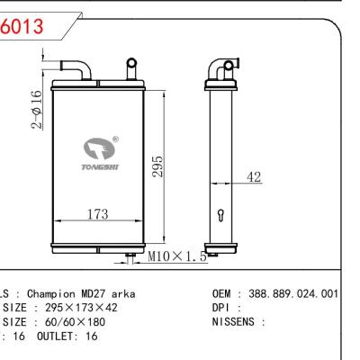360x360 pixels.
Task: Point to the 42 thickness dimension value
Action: point(255,178)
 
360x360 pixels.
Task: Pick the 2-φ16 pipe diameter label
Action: point(35,110)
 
